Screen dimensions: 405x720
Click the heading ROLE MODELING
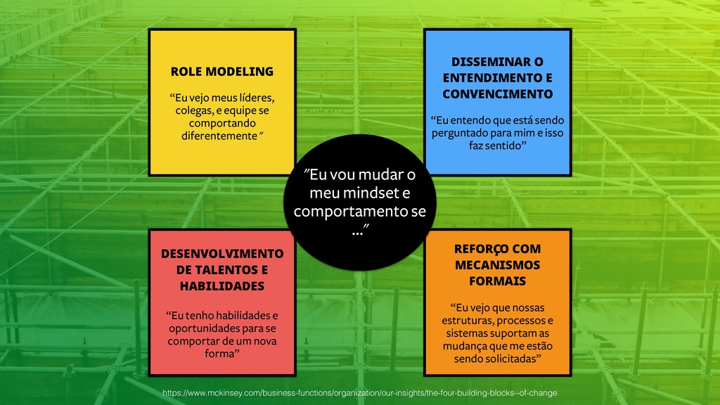[x=221, y=71]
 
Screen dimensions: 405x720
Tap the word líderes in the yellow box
[x=253, y=96]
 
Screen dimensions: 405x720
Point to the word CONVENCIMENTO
[x=497, y=94]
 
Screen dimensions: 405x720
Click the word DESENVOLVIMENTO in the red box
[x=222, y=253]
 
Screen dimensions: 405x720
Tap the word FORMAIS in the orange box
[x=496, y=281]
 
